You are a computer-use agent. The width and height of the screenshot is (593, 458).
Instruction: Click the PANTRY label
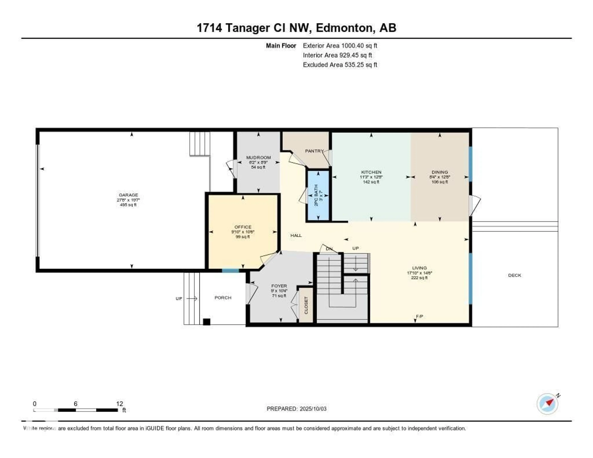coord(314,151)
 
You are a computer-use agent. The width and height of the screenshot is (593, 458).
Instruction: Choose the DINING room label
coord(440,172)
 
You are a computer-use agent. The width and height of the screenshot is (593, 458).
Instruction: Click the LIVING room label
coord(419,268)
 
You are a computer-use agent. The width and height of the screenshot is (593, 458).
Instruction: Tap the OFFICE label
coord(243,227)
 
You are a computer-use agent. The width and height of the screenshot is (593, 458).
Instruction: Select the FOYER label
coord(279,286)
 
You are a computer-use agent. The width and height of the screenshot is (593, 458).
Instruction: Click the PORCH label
coord(223,298)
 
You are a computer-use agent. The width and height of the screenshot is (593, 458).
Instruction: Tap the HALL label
coord(296,235)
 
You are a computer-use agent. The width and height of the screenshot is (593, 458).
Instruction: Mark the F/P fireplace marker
coord(419,316)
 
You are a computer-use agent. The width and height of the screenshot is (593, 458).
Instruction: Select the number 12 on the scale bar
coord(120,404)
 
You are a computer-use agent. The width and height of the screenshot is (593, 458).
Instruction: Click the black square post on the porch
coord(207,322)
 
